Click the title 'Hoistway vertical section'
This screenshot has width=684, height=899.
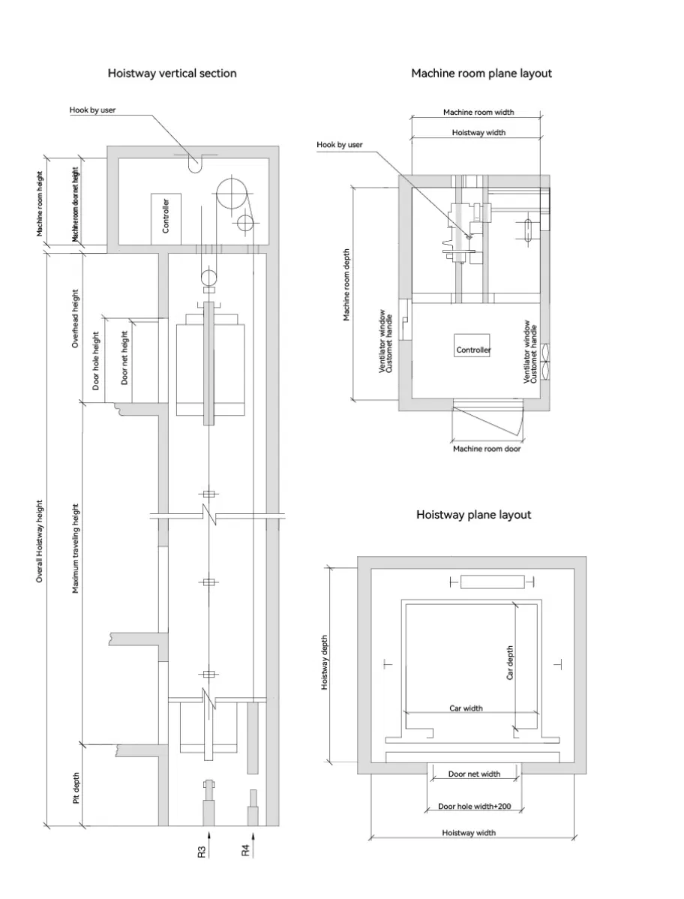[x=172, y=74]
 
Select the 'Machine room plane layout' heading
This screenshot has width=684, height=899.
[x=481, y=74]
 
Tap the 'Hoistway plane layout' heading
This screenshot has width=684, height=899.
[x=473, y=515]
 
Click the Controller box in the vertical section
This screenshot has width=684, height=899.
[x=166, y=214]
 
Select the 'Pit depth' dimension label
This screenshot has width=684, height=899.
[x=76, y=789]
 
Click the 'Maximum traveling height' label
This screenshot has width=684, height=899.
[x=76, y=549]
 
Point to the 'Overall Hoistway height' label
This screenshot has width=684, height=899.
[x=40, y=541]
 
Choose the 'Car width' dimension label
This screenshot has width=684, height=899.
[x=466, y=708]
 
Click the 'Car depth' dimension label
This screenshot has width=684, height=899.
[x=510, y=663]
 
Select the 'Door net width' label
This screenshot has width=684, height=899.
[x=474, y=774]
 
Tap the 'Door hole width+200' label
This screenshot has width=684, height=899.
[x=474, y=807]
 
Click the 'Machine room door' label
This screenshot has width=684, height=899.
[x=486, y=449]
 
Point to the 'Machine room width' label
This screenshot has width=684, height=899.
[x=478, y=113]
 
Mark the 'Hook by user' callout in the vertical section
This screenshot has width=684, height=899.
[x=92, y=110]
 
